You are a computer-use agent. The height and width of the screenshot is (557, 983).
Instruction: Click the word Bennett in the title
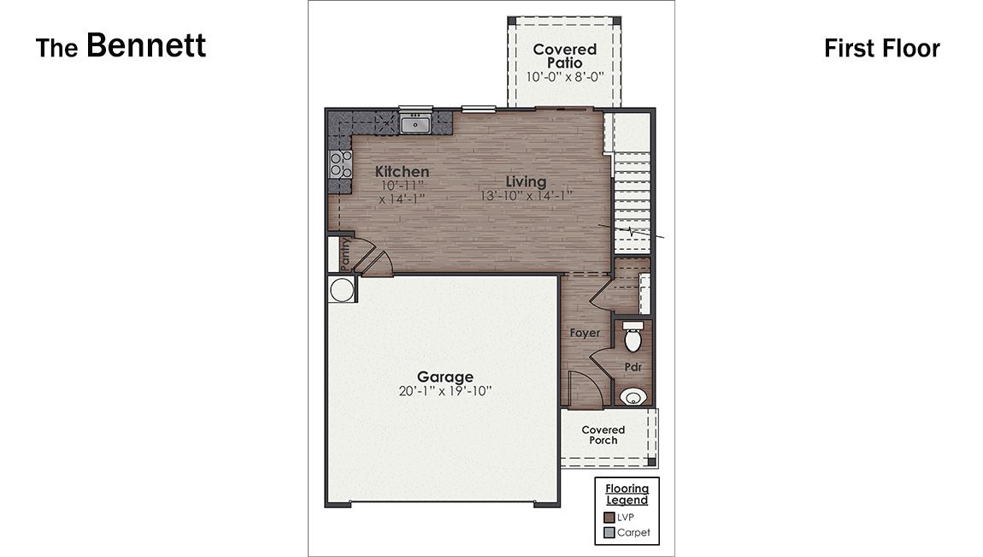146,45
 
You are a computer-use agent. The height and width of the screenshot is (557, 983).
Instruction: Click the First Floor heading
881,48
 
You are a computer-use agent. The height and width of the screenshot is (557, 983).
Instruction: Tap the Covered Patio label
564,56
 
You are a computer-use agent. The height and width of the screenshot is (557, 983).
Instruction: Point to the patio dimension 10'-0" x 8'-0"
564,76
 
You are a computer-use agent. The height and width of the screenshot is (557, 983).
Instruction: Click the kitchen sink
416,125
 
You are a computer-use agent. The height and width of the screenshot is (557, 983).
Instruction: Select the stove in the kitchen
340,163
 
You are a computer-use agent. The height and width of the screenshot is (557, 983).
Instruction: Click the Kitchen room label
402,172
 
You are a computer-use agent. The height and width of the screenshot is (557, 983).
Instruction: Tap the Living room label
526,181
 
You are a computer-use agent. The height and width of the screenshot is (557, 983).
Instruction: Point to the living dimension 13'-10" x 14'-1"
526,195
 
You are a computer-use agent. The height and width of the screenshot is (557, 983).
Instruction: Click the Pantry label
344,254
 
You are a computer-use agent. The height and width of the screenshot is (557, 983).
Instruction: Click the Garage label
444,376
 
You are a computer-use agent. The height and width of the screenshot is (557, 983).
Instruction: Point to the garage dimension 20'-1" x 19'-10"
444,391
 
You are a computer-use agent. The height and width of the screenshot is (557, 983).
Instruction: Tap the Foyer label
585,333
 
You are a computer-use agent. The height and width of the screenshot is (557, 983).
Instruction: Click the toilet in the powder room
633,340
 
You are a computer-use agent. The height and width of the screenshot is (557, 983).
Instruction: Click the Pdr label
633,367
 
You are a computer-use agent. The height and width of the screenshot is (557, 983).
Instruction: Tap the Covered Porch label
603,435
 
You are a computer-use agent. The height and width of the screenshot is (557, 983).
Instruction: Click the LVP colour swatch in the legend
609,517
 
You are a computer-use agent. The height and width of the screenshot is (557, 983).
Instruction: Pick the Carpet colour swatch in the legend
609,532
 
